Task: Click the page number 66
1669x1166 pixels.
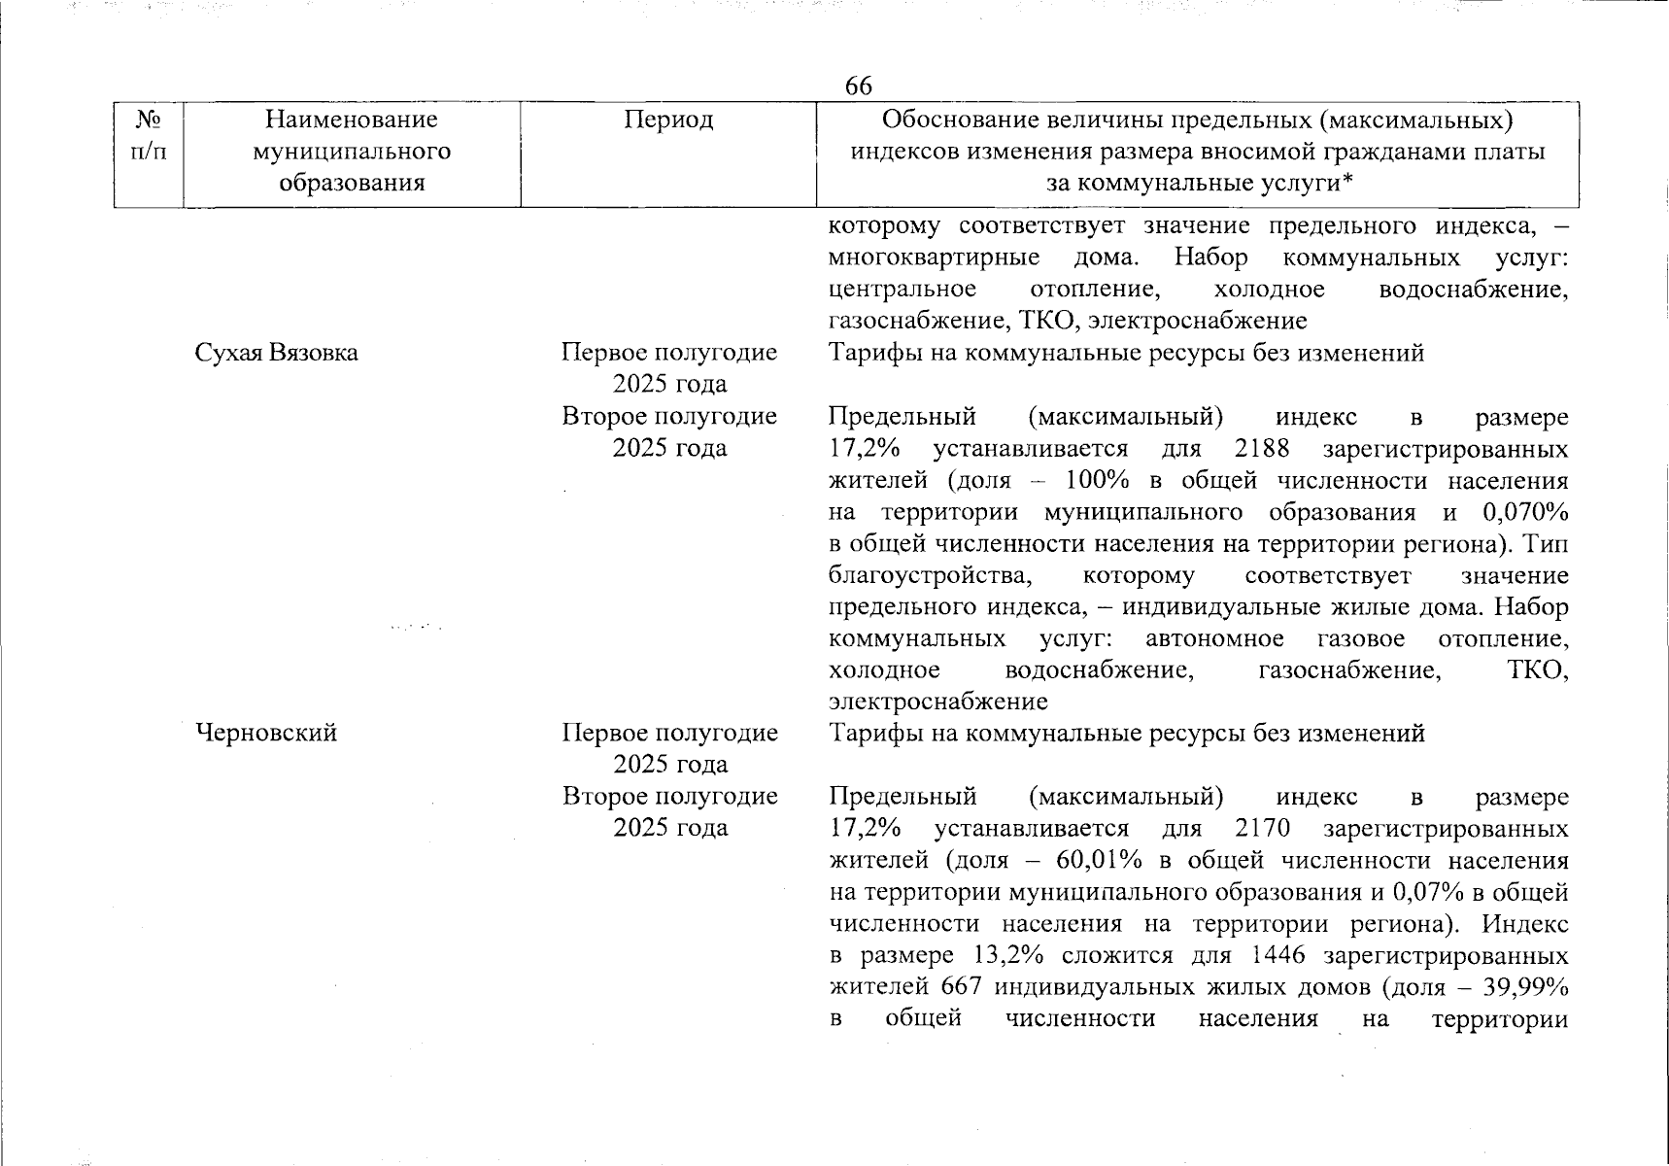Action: tap(859, 86)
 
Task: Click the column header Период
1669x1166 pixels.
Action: tap(668, 120)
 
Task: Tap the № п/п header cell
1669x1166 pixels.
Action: tap(149, 136)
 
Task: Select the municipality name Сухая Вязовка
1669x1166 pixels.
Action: tap(277, 353)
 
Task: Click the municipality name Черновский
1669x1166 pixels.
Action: tap(267, 732)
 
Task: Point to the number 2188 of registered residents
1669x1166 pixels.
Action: tap(1262, 449)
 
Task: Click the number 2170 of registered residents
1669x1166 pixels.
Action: tap(1262, 828)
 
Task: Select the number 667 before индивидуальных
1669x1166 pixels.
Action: tap(961, 986)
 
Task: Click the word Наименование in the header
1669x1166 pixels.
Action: tap(352, 120)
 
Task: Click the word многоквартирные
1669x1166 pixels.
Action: tap(934, 257)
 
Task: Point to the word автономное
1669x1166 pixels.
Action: tap(1214, 638)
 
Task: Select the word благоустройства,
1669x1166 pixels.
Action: tap(930, 575)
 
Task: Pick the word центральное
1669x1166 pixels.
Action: tap(903, 290)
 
